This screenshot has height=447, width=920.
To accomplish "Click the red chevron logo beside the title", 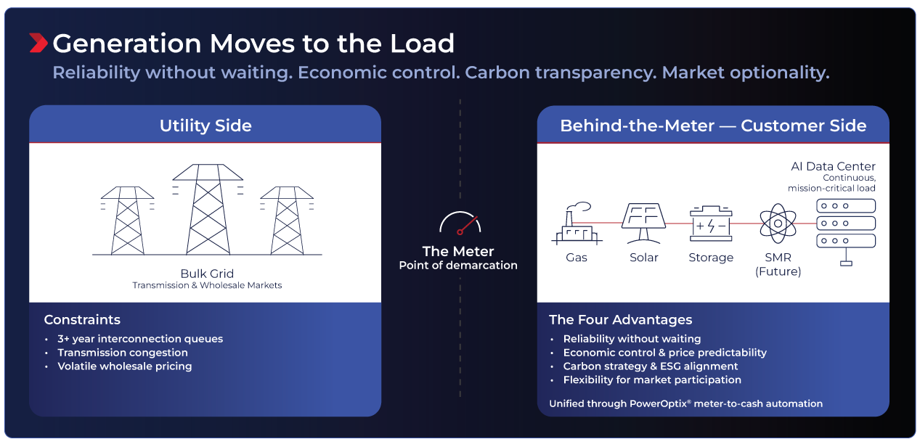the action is (38, 43).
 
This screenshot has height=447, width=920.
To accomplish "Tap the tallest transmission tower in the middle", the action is (208, 209).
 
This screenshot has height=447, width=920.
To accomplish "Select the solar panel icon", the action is (643, 223).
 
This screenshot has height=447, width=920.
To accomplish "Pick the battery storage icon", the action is (711, 223).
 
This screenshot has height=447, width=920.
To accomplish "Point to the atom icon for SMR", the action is (778, 223).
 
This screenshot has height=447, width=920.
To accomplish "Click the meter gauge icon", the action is (460, 223).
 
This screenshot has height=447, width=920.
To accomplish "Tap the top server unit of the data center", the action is (846, 205).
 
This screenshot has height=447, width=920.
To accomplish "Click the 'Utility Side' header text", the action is (205, 126).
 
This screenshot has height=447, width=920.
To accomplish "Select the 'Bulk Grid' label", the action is (207, 274).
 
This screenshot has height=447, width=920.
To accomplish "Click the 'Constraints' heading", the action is (82, 320).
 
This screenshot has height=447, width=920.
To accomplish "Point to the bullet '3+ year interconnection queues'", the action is (140, 339).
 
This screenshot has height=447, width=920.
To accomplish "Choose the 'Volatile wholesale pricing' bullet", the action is (124, 366).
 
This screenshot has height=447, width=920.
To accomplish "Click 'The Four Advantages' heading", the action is (620, 320).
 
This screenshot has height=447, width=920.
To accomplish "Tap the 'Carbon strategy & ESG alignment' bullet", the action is (650, 366).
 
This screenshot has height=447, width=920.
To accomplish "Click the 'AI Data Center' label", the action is (833, 166).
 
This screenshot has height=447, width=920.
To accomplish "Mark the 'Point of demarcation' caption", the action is (458, 265).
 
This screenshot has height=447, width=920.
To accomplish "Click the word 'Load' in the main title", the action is (422, 43).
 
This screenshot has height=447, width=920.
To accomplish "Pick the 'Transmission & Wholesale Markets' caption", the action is (207, 285).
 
